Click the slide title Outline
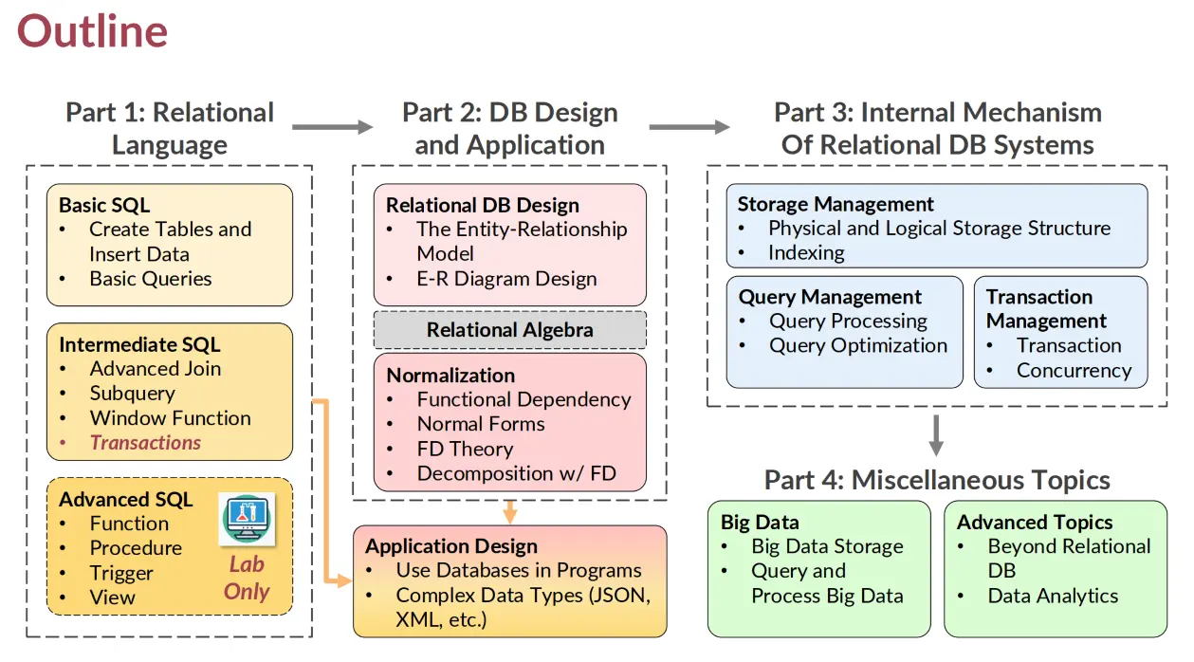click(92, 31)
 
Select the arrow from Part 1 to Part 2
click(332, 126)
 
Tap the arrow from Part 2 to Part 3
click(689, 126)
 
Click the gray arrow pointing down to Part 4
click(936, 435)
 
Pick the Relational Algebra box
click(509, 330)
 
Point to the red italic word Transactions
click(145, 442)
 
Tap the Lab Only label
click(247, 578)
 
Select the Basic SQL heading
click(104, 205)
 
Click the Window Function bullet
click(170, 417)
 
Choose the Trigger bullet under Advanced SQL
click(121, 573)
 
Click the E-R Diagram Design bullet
click(506, 279)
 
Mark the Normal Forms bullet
click(481, 424)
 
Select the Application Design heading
click(451, 546)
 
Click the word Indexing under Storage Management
click(806, 252)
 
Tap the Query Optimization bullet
click(857, 345)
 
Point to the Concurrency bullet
click(1074, 370)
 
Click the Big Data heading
click(760, 522)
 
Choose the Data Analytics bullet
click(1053, 596)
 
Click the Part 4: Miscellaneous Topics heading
click(937, 480)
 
